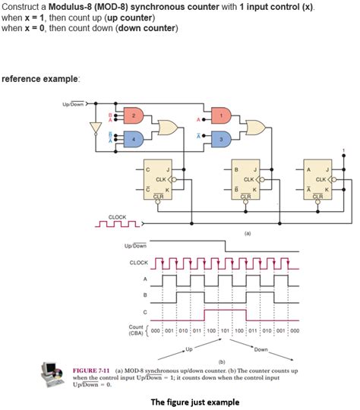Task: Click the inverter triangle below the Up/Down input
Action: tap(95, 125)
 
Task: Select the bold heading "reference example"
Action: tap(41, 78)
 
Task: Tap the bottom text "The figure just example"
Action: tap(195, 402)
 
